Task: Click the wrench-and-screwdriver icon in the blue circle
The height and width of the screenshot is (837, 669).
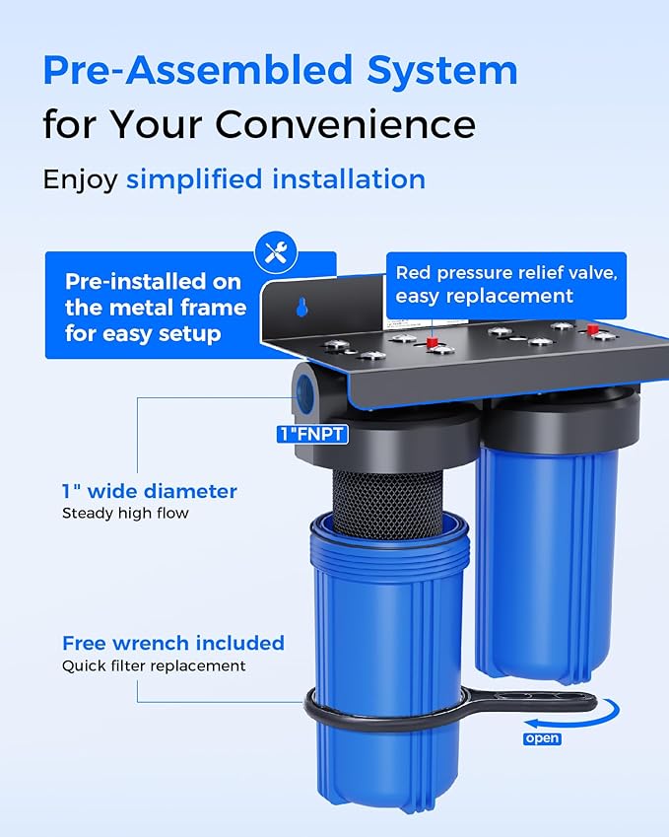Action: point(276,254)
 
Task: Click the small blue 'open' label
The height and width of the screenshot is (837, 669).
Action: point(541,738)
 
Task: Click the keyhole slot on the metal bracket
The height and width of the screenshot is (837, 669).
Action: point(301,309)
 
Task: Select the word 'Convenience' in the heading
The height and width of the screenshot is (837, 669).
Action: point(346,125)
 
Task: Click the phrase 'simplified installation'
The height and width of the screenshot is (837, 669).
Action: point(276,179)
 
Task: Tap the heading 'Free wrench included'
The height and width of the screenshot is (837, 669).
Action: point(173,643)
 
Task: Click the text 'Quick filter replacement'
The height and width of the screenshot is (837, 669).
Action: point(154,665)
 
